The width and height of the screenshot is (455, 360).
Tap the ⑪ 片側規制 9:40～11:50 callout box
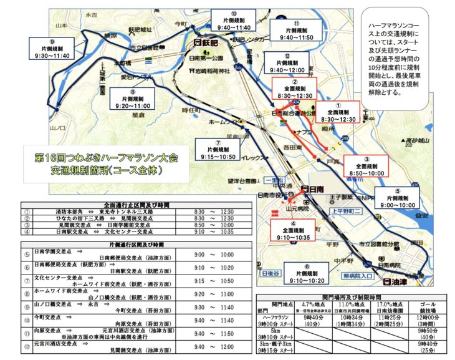point(297,29)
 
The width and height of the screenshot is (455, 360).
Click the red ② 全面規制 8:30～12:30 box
point(294,89)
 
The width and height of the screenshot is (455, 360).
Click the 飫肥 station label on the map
point(206,43)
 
